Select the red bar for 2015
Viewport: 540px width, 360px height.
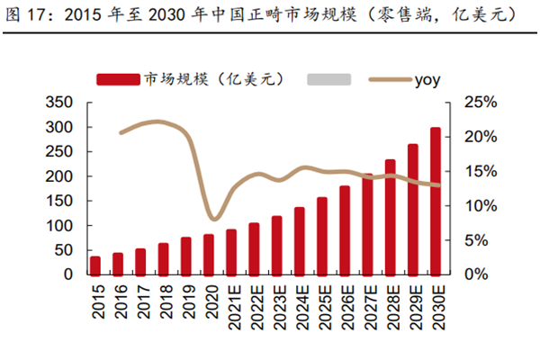coord(94,265)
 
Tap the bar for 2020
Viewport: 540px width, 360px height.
coord(209,255)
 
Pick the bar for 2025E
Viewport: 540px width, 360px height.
coord(321,236)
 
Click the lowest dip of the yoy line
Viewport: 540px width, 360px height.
coord(213,219)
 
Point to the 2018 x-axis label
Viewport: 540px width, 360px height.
coord(163,300)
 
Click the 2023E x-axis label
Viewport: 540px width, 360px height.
coord(276,304)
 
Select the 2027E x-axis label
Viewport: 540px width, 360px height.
coord(367,304)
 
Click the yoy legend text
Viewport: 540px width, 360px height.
coord(427,79)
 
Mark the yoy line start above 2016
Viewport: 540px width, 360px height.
coord(120,132)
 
